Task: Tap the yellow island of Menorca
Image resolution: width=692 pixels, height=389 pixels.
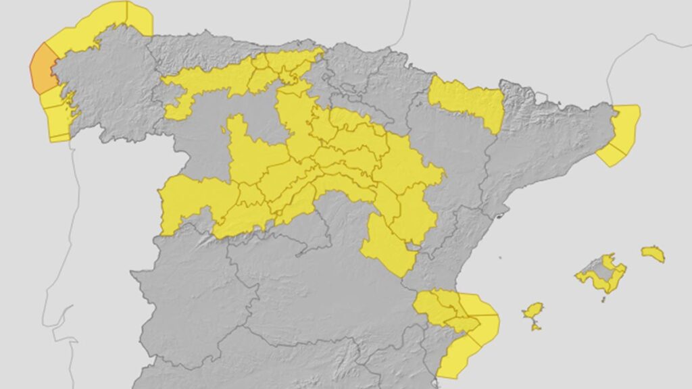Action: click(653, 254)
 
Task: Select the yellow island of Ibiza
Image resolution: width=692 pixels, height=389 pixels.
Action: click(533, 311)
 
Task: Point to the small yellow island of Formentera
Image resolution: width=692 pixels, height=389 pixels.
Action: click(536, 328)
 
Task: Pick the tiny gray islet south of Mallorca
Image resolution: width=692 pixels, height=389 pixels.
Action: click(603, 299)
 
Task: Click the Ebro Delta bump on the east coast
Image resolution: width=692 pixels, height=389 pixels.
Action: click(501, 216)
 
